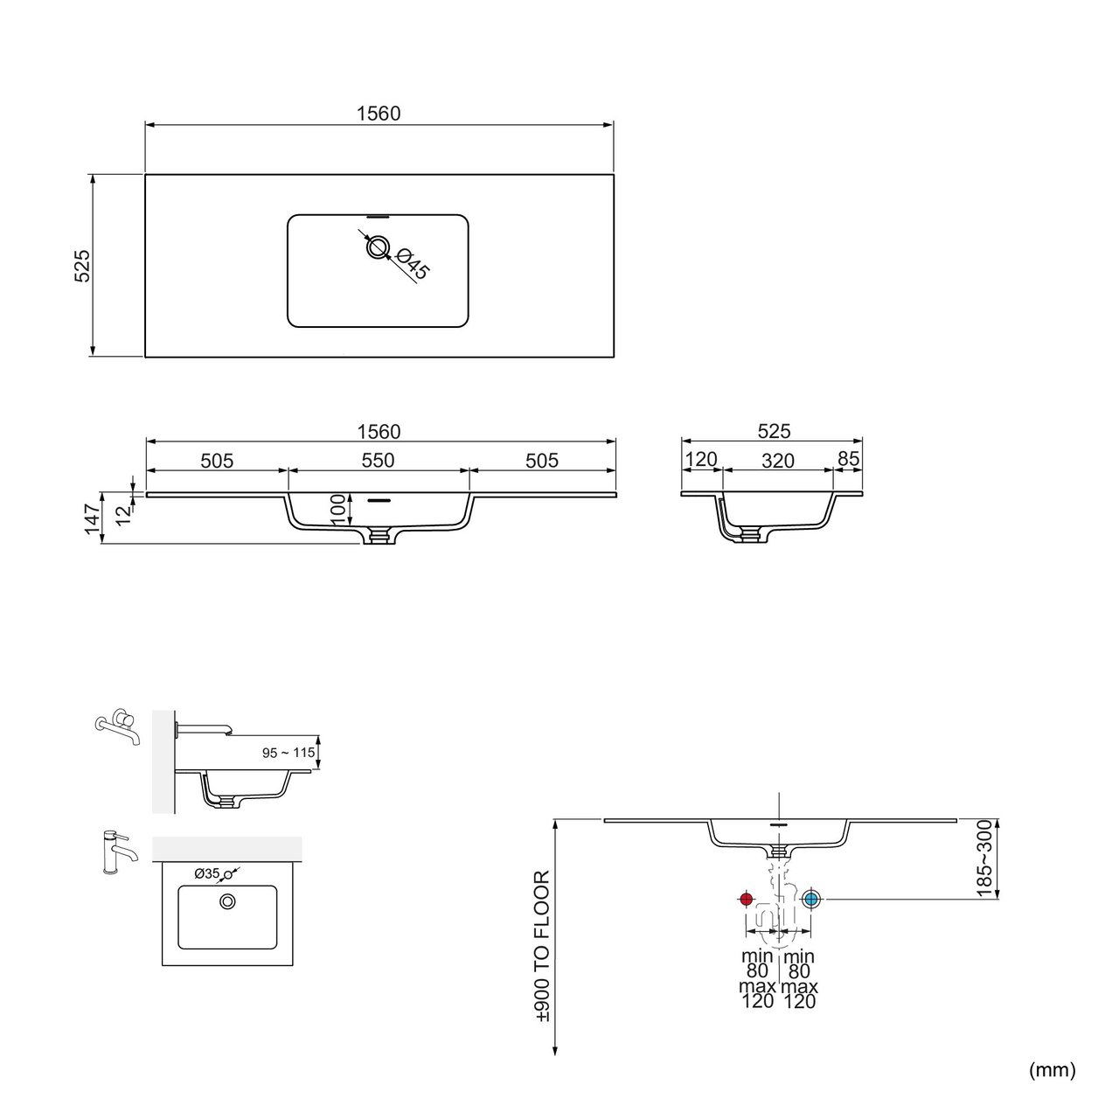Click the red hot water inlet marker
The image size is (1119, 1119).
[746, 900]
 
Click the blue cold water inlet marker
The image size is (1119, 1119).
[810, 900]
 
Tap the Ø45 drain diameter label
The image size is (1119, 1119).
[412, 263]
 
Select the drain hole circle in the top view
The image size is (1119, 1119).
[378, 247]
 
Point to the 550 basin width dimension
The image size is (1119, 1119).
[378, 461]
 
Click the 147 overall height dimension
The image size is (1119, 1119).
[93, 518]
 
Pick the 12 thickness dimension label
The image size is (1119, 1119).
[123, 514]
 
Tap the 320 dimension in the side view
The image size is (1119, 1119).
[777, 461]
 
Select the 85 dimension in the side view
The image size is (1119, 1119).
[848, 459]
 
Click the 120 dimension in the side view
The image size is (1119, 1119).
[701, 459]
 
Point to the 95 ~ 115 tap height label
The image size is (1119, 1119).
[288, 753]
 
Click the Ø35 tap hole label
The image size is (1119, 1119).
[206, 873]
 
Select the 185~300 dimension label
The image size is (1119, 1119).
[985, 858]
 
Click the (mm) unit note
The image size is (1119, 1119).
[1053, 1070]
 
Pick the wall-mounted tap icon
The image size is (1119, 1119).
[118, 726]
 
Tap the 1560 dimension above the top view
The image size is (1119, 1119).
[379, 114]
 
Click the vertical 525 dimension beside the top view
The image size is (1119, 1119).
[82, 266]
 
